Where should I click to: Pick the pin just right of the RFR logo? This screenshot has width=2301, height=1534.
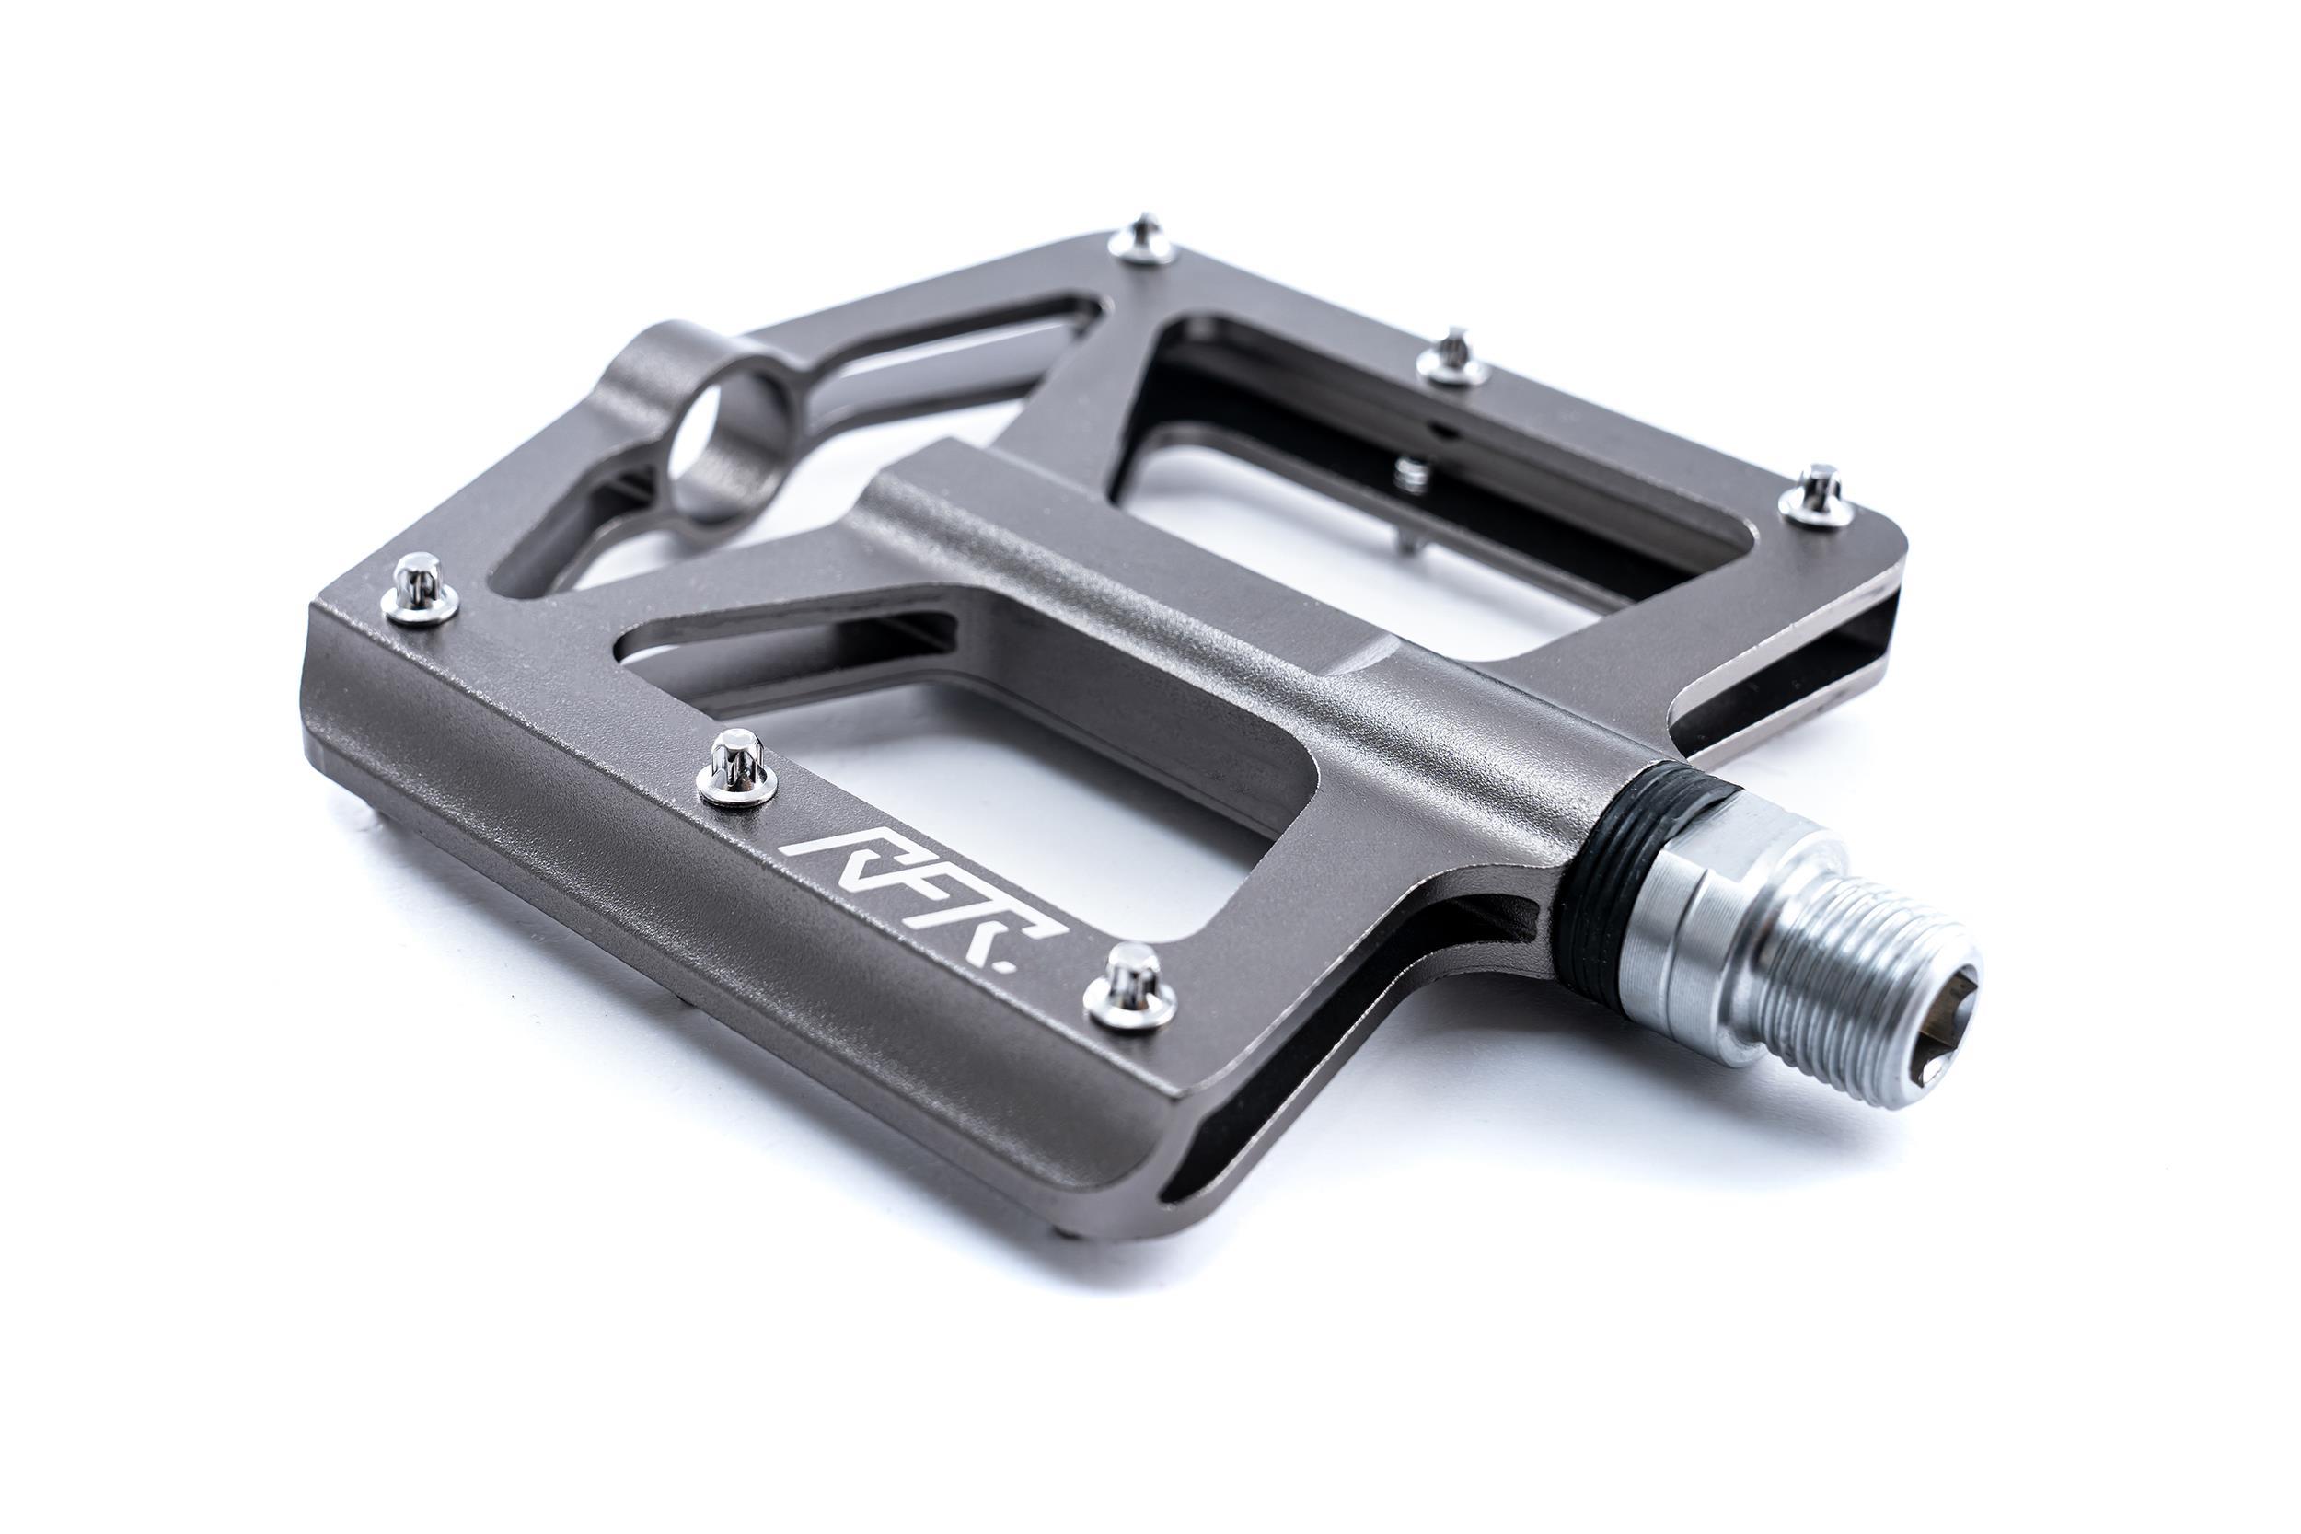click(x=1128, y=989)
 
